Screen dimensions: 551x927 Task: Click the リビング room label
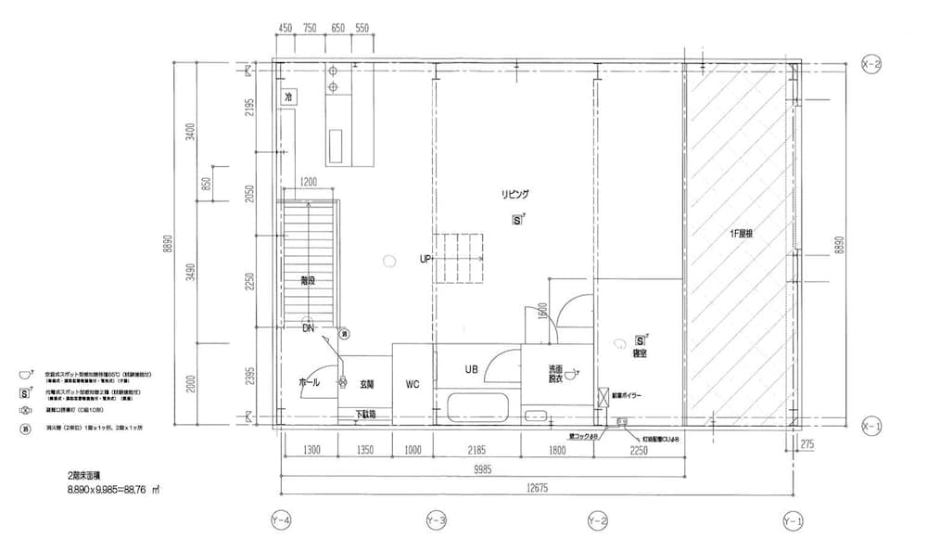coord(514,194)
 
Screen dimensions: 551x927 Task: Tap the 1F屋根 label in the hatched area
coord(741,234)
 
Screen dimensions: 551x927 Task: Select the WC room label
coord(413,382)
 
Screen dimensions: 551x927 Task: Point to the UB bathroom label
coord(471,369)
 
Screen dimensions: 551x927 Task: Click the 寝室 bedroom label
coord(640,353)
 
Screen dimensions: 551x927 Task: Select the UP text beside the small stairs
coord(425,260)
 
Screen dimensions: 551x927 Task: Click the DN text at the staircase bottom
coord(307,328)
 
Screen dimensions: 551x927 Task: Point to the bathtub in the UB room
coord(477,407)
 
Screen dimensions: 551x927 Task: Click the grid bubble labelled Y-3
coord(436,522)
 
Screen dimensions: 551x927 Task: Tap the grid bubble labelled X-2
coord(870,64)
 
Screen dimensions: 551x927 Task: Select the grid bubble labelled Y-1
coord(793,522)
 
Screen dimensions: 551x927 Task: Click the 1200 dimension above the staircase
coord(308,182)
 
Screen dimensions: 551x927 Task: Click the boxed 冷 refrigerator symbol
coord(288,96)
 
